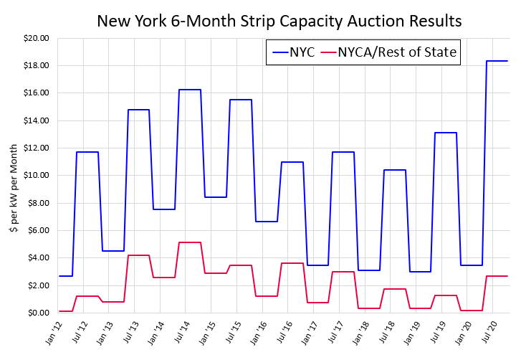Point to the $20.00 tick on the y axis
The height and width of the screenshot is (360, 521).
click(35, 38)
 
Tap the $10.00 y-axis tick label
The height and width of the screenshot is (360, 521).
click(35, 176)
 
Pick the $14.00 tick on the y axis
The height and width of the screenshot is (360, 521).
click(35, 120)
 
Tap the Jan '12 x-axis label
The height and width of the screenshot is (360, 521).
click(52, 332)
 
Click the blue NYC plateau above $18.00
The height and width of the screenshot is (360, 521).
click(497, 61)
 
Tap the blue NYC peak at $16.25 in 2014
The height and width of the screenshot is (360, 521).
click(189, 90)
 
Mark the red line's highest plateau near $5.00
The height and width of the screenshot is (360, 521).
click(189, 242)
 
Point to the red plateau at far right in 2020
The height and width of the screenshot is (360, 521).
click(497, 276)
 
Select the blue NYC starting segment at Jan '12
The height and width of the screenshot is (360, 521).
click(65, 276)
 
